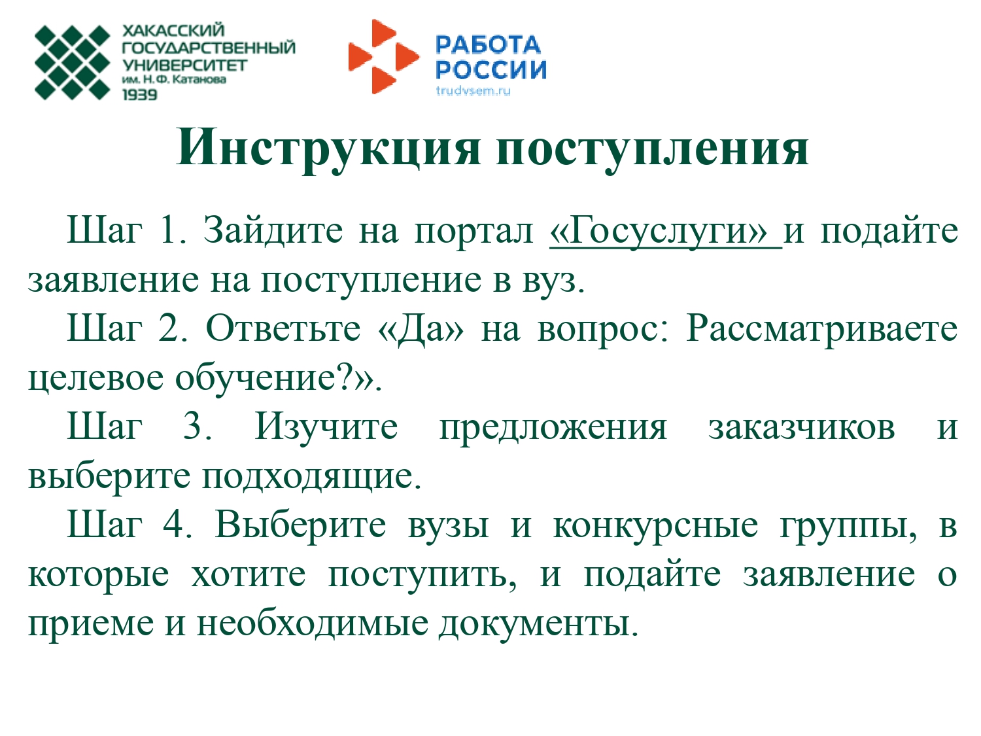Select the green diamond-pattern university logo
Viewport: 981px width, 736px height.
(73, 63)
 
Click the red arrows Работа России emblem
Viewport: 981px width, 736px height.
(384, 57)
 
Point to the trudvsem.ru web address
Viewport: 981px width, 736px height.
(473, 91)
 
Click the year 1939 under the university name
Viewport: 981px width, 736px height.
(140, 95)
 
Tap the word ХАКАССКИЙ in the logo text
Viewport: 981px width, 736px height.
(173, 30)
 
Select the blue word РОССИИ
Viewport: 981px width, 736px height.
(490, 70)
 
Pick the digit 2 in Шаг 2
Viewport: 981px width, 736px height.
(169, 329)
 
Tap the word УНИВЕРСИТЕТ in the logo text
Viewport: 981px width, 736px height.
(184, 65)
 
